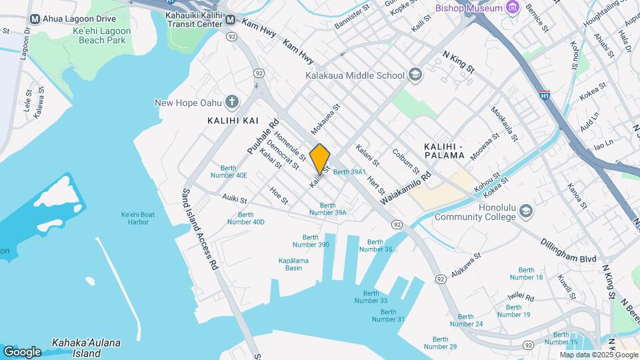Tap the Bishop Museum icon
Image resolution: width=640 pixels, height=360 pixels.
[512, 8]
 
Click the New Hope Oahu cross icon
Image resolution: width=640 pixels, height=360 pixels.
[231, 102]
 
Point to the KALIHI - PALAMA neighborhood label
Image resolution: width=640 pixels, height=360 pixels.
[444, 151]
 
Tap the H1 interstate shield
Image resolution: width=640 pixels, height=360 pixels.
[545, 95]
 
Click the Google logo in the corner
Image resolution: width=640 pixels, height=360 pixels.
[22, 351]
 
